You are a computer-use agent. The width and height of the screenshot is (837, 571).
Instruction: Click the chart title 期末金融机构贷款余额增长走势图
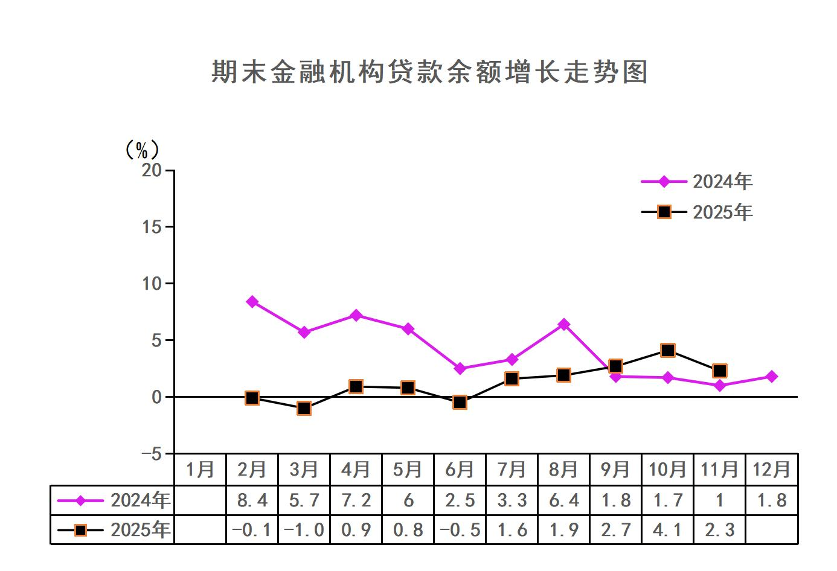pyautogui.click(x=429, y=72)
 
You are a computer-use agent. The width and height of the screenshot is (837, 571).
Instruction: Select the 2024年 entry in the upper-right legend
pyautogui.click(x=722, y=181)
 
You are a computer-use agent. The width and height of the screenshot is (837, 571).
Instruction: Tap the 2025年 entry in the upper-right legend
pyautogui.click(x=722, y=212)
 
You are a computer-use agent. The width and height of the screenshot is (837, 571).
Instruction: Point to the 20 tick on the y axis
pyautogui.click(x=152, y=171)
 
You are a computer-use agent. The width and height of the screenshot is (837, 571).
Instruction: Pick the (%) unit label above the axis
pyautogui.click(x=142, y=150)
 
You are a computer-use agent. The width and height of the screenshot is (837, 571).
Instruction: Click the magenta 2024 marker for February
pyautogui.click(x=252, y=302)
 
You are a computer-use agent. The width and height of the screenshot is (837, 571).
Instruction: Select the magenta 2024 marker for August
pyautogui.click(x=563, y=325)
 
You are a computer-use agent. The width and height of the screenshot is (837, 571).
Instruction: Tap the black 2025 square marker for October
pyautogui.click(x=667, y=351)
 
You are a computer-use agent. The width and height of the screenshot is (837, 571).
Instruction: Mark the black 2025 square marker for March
pyautogui.click(x=304, y=409)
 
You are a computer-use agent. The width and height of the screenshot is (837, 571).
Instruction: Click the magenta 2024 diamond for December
pyautogui.click(x=771, y=377)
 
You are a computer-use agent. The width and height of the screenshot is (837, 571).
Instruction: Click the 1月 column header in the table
pyautogui.click(x=200, y=470)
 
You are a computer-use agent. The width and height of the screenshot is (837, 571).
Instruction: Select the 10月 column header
pyautogui.click(x=667, y=470)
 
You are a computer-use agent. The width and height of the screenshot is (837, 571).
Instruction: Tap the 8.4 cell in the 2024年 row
pyautogui.click(x=252, y=500)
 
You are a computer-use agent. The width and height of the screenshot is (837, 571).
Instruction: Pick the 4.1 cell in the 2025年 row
pyautogui.click(x=667, y=530)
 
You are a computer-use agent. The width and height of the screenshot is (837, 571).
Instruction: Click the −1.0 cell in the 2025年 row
pyautogui.click(x=304, y=530)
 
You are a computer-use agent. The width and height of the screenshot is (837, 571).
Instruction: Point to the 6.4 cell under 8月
pyautogui.click(x=563, y=500)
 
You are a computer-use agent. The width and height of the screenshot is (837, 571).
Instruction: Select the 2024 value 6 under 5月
pyautogui.click(x=408, y=500)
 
